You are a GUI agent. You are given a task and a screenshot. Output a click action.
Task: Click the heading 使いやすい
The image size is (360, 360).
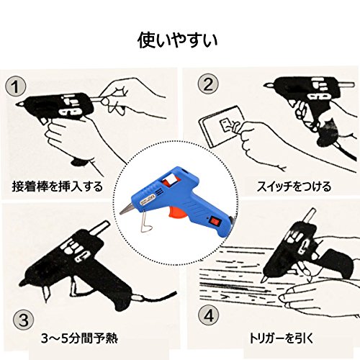(x=178, y=40)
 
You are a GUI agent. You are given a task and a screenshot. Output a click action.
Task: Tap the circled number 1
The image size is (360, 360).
(x=16, y=86)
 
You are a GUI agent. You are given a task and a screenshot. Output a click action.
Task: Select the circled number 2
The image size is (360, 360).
(x=208, y=84)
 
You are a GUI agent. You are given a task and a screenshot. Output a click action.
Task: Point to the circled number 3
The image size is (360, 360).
(x=23, y=320)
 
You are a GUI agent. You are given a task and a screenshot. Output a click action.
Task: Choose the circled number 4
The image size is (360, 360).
(x=209, y=315)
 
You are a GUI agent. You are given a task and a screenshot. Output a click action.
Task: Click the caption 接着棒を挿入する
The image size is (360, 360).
(x=58, y=186)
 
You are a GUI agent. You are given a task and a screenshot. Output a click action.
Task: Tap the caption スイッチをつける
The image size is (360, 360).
(x=294, y=186)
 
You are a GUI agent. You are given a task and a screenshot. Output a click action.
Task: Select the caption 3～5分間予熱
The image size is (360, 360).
(x=79, y=338)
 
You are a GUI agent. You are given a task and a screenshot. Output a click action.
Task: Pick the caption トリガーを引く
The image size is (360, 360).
(x=282, y=338)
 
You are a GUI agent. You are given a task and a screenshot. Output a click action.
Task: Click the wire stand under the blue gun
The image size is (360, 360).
(x=147, y=220)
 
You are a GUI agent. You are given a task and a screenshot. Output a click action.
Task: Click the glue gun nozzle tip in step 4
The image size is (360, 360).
(x=264, y=279)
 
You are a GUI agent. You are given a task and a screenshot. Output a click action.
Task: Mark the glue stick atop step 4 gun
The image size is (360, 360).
(x=309, y=215)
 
